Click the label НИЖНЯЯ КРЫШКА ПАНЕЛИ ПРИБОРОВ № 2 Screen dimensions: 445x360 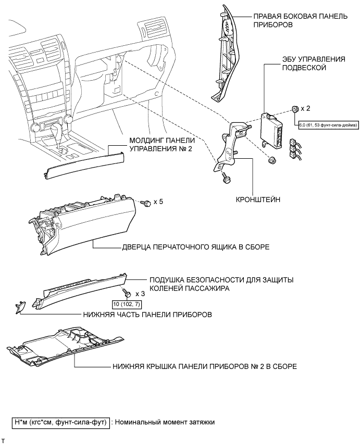[x=204, y=366]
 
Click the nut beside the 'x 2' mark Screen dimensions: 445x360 [x=294, y=110]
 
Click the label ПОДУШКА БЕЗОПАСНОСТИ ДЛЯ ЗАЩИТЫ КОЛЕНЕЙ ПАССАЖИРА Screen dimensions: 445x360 [x=221, y=284]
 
